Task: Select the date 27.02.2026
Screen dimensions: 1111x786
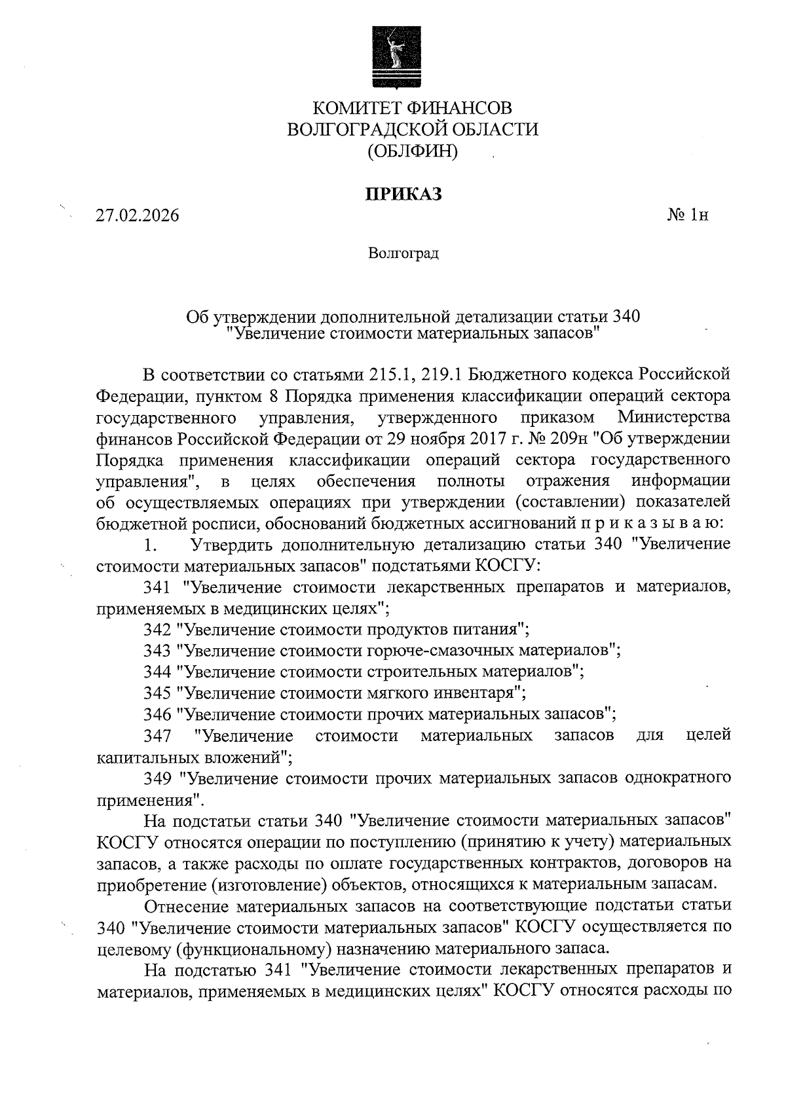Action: [137, 215]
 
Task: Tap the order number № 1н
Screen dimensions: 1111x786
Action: [687, 215]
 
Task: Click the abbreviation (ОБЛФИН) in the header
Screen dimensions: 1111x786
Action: [412, 151]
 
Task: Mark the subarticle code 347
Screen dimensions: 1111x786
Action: [157, 736]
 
